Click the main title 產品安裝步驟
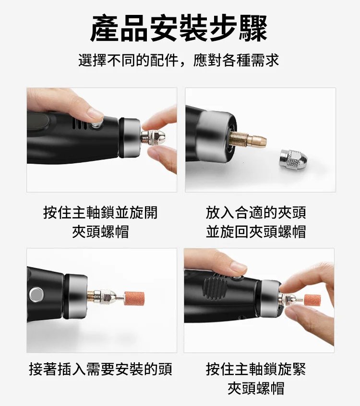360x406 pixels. (x=179, y=28)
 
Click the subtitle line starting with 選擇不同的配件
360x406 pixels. (x=179, y=61)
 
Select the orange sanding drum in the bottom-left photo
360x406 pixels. (x=134, y=298)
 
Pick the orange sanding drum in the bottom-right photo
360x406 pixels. (x=312, y=300)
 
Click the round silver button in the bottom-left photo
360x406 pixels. (x=36, y=295)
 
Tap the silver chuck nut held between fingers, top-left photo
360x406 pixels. (x=153, y=136)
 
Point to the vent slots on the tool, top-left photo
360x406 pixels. (x=79, y=124)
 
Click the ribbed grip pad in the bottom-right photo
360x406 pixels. (x=214, y=288)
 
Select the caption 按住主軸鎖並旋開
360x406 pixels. (x=100, y=213)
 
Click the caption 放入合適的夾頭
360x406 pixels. (x=256, y=213)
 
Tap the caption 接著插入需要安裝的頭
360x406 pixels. (x=100, y=369)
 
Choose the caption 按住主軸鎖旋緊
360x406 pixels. (x=256, y=369)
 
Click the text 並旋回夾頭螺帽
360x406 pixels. (x=256, y=232)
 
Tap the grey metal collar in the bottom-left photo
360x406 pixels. (x=76, y=295)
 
